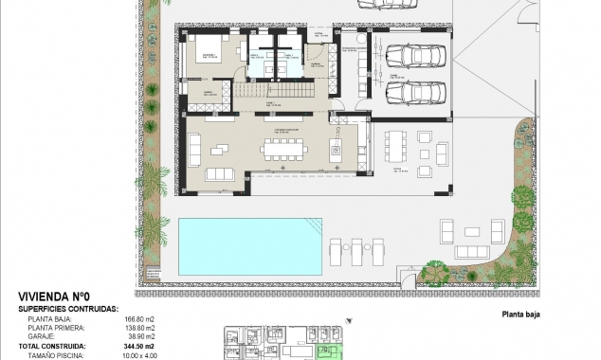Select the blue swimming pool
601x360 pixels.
249,243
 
